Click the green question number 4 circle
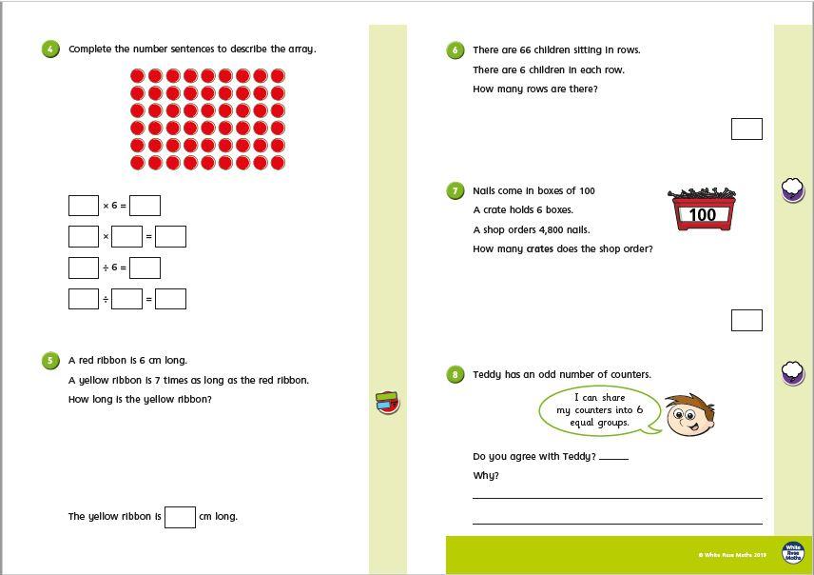[x=50, y=50]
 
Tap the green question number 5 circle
[x=50, y=361]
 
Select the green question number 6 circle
[x=455, y=50]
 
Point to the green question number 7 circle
[x=455, y=191]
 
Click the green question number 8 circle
[x=455, y=375]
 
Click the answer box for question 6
[x=746, y=129]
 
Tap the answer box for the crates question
[x=746, y=320]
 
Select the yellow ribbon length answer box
[x=180, y=517]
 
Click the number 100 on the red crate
[x=703, y=215]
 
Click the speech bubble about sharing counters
[x=599, y=410]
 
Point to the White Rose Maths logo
[x=792, y=552]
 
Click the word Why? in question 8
[x=486, y=476]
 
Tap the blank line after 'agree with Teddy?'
[x=614, y=458]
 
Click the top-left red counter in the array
[x=137, y=76]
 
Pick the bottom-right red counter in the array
[x=278, y=163]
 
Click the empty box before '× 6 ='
[x=84, y=206]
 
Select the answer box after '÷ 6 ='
[x=145, y=268]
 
